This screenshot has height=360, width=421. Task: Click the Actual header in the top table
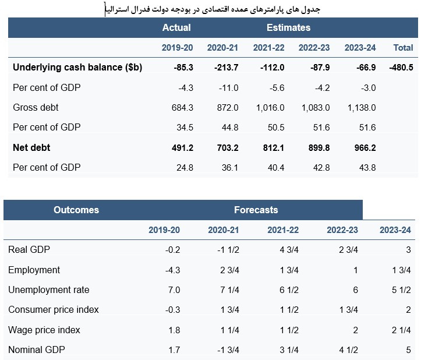click(x=176, y=27)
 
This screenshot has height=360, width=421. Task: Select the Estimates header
click(x=288, y=27)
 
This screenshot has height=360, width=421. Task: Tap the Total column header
click(x=404, y=47)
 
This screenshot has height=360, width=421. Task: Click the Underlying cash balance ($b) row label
click(x=77, y=68)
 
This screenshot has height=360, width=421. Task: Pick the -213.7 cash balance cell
click(x=227, y=68)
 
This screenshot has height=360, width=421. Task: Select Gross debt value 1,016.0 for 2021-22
click(x=270, y=108)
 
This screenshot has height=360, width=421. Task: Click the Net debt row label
click(x=31, y=148)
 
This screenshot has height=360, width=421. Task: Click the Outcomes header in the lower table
click(x=76, y=210)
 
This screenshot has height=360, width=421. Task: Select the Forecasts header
click(x=256, y=210)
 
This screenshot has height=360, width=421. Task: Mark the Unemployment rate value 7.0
click(x=174, y=290)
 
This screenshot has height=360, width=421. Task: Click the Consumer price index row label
click(x=54, y=310)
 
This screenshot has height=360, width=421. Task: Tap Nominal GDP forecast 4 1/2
click(x=346, y=350)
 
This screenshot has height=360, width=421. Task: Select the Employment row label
click(x=34, y=270)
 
